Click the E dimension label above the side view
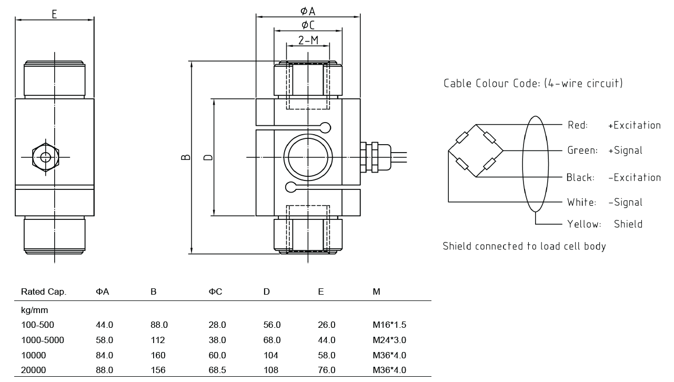pos(54,14)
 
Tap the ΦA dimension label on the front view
pos(308,11)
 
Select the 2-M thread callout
pos(308,40)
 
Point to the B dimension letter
pos(186,157)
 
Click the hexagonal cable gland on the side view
pos(46,157)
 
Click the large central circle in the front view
pos(308,157)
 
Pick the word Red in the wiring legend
pos(577,125)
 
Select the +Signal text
pos(625,150)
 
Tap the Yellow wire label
pos(584,224)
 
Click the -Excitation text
pos(634,177)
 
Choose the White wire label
pos(581,203)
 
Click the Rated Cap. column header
pos(44,291)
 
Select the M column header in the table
pos(376,291)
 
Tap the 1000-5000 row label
pos(43,340)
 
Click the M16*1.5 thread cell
pos(389,325)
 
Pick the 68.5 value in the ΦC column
pos(217,370)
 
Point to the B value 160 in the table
pos(158,355)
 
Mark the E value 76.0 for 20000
pos(326,370)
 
